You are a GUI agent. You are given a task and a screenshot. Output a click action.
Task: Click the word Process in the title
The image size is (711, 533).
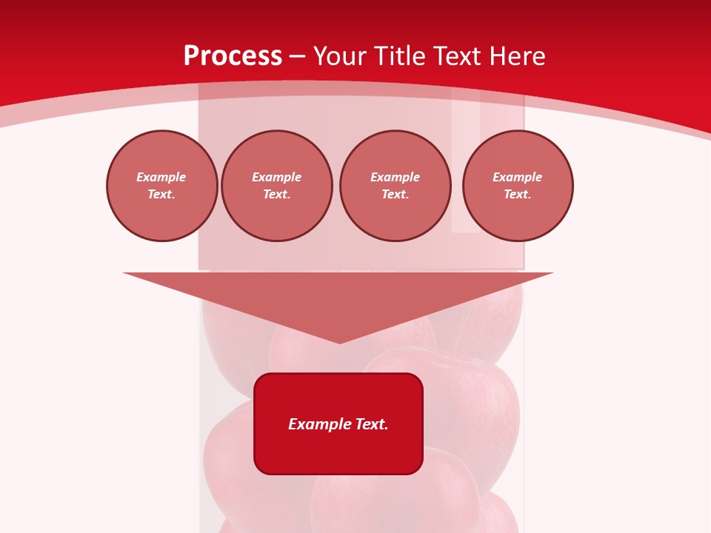tap(233, 56)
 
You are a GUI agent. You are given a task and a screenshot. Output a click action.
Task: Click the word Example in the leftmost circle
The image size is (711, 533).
tap(161, 177)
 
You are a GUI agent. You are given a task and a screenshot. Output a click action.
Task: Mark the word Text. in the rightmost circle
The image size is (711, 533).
tap(517, 194)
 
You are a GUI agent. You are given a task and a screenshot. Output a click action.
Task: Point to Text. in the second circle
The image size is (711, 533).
tap(276, 194)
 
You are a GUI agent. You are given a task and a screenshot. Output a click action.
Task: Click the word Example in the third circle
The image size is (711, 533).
tap(395, 177)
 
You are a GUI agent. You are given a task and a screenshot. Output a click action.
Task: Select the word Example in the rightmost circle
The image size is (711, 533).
tap(517, 177)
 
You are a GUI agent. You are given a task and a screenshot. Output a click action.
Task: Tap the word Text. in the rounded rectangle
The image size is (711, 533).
tap(372, 424)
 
